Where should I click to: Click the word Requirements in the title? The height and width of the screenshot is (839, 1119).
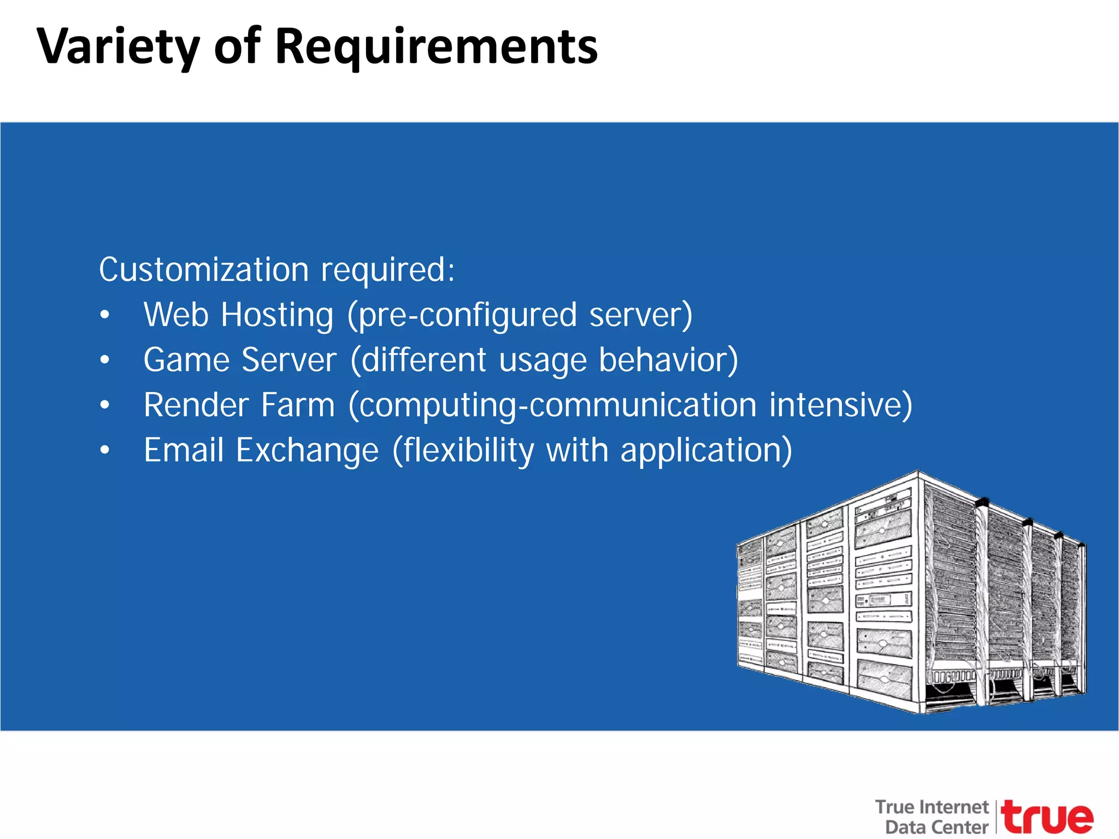click(x=436, y=48)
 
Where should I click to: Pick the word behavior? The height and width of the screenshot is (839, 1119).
click(x=668, y=361)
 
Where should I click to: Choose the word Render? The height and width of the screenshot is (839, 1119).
click(x=196, y=405)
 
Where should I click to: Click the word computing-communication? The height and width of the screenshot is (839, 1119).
click(x=552, y=406)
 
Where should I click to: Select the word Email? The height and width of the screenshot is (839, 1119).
click(x=184, y=451)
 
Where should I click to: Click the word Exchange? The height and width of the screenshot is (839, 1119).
click(x=307, y=451)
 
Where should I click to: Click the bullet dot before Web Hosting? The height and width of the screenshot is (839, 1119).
click(x=105, y=316)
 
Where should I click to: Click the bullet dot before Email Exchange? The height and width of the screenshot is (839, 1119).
click(x=105, y=451)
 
